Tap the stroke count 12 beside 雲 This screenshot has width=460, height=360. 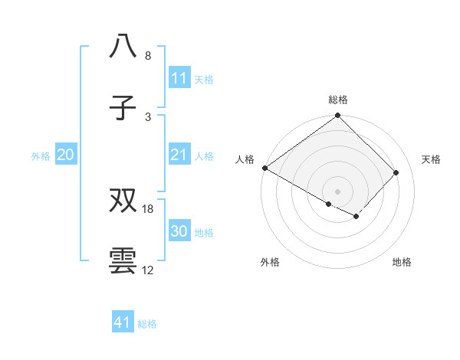148,270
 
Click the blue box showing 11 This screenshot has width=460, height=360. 179,78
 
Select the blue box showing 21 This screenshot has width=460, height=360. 179,155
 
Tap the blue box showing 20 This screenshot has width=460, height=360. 66,155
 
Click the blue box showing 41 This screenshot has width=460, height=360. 123,323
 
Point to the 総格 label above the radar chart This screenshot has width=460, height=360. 337,100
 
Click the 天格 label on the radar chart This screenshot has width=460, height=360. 431,159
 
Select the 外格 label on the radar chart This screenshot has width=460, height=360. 269,262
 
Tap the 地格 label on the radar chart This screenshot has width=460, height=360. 402,262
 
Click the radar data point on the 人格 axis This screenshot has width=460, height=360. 264,168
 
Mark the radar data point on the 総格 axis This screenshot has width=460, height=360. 337,116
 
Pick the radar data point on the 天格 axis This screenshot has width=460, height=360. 396,172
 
